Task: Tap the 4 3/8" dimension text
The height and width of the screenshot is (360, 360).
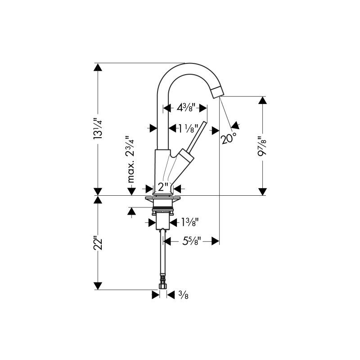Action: click(x=186, y=107)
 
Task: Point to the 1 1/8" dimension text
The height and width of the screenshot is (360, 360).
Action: click(x=188, y=128)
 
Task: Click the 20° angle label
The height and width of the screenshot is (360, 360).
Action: click(x=229, y=138)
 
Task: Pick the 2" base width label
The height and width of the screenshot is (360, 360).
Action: click(x=163, y=187)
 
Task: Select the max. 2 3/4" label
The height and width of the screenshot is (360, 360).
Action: click(x=131, y=159)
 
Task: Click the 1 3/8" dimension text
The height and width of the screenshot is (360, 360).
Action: click(x=190, y=222)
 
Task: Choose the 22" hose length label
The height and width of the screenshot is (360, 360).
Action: click(x=98, y=244)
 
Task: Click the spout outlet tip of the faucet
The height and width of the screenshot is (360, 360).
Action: click(x=218, y=92)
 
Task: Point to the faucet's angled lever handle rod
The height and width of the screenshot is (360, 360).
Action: click(x=197, y=136)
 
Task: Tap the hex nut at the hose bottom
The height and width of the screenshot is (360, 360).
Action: click(x=163, y=286)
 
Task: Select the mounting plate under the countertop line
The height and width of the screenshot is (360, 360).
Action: click(x=163, y=198)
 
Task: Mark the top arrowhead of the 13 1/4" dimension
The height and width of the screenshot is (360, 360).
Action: click(x=98, y=67)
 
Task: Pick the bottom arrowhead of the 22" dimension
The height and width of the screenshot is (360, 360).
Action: click(x=98, y=286)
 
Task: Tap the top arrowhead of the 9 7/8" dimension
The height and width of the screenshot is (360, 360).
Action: click(x=262, y=100)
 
